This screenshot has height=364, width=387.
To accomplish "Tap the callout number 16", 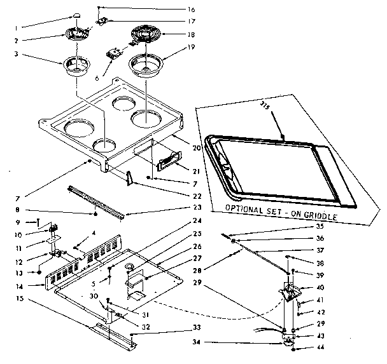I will point(192,10).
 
